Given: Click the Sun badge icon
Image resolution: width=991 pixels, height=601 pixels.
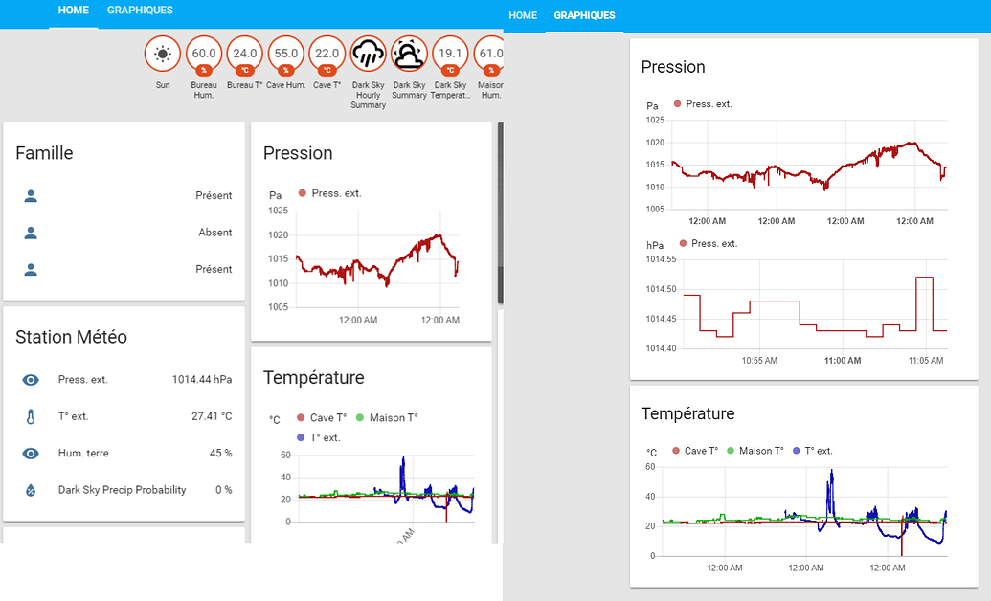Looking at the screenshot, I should (163, 55).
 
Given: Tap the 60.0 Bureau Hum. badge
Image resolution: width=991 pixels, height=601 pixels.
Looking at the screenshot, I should (204, 55).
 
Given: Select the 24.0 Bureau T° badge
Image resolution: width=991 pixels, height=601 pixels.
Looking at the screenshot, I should (245, 55).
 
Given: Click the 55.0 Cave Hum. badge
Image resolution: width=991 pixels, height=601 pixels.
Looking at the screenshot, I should (286, 55).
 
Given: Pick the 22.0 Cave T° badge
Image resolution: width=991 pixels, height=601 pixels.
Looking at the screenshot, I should (327, 55).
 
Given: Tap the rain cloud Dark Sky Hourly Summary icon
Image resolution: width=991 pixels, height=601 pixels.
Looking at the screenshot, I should (369, 56).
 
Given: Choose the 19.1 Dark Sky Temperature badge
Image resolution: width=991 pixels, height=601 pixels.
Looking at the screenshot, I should (450, 55).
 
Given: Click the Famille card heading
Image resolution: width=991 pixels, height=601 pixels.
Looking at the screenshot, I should (44, 153).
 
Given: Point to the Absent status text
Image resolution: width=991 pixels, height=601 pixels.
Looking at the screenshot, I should (214, 233).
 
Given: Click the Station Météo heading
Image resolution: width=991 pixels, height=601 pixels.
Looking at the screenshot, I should (71, 337).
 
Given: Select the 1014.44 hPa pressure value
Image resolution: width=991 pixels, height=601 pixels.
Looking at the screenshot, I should (202, 380).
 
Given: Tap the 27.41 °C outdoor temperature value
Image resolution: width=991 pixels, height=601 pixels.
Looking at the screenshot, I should (212, 416).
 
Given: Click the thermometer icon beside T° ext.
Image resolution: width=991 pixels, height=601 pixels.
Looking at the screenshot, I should (31, 417).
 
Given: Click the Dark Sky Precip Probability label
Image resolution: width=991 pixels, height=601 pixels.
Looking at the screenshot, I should (123, 490).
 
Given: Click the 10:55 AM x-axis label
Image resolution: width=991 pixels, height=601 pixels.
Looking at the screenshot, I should (759, 361).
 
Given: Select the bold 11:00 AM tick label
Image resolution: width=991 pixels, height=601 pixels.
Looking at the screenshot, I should (843, 361).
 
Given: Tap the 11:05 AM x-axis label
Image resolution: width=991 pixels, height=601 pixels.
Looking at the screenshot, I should (925, 361).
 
